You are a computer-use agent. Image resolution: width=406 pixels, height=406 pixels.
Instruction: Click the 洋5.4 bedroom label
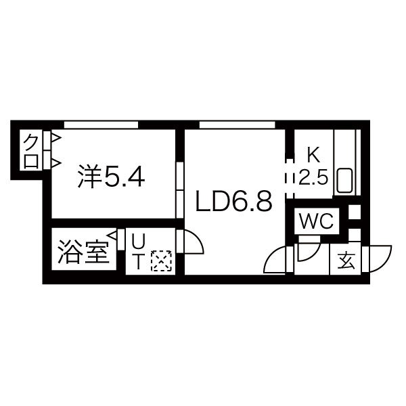[x=111, y=177]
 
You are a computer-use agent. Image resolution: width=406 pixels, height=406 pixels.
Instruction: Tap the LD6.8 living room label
[x=234, y=201]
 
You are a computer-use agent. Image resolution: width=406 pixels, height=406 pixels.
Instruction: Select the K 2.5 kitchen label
[x=313, y=166]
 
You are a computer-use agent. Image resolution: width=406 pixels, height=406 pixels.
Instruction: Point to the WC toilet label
[x=316, y=221]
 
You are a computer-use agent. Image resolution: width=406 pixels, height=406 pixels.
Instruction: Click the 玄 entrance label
[x=346, y=261]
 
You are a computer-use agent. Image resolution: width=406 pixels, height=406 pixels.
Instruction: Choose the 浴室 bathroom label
[x=83, y=252]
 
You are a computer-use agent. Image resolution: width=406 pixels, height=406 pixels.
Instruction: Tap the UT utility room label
[x=138, y=252]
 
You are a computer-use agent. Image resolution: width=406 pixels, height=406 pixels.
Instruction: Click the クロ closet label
[x=31, y=152]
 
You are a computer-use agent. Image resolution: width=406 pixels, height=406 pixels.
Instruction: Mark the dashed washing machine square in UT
[x=161, y=261]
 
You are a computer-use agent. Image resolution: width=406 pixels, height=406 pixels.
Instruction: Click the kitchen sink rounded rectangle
[x=344, y=181]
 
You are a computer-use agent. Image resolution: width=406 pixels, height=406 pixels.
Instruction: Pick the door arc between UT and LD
[x=196, y=238]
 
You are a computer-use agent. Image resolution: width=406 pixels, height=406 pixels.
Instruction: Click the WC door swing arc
[x=313, y=253]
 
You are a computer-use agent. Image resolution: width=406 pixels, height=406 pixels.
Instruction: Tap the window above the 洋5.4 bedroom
[x=101, y=125]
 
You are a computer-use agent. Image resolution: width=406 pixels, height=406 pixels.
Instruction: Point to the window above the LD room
[x=237, y=125]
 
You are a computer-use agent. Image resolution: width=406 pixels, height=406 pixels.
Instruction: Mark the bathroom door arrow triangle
[x=112, y=236]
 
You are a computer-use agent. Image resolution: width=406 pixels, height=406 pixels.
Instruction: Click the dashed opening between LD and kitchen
[x=290, y=179]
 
